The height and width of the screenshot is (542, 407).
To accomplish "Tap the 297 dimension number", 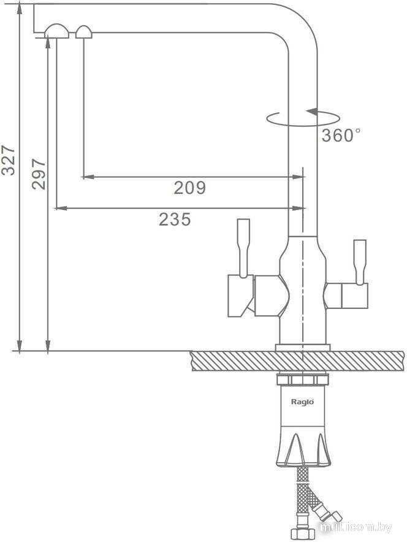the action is (39, 174).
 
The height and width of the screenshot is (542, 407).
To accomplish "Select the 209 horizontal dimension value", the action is (189, 188).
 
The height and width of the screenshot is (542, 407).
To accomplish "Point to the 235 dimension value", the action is (175, 219).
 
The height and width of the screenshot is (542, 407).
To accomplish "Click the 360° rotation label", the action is (341, 135).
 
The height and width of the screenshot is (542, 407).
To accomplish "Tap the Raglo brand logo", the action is (302, 402).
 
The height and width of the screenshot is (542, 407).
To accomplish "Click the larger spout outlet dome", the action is (56, 31).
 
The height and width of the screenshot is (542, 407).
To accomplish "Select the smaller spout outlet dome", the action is (83, 32).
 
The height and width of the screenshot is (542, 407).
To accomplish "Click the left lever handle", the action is (243, 248).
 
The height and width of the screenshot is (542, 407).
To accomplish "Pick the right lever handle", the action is (360, 262).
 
